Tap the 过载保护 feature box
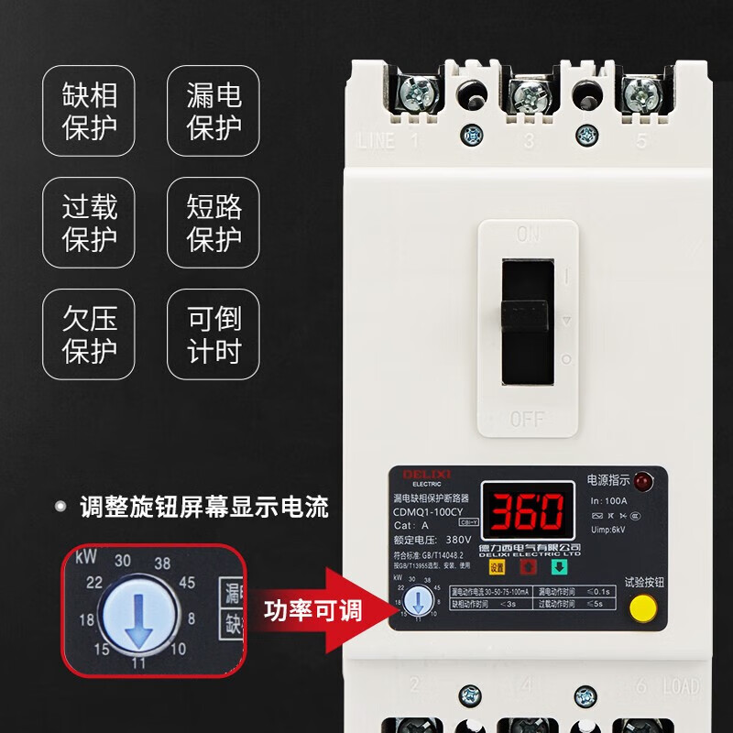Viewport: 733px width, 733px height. click(x=89, y=223)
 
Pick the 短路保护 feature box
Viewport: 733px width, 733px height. click(x=213, y=223)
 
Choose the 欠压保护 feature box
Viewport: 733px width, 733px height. click(x=89, y=334)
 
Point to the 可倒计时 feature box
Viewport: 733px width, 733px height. click(x=213, y=334)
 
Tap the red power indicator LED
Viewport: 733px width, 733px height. click(x=640, y=480)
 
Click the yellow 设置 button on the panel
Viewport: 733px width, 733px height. click(x=496, y=566)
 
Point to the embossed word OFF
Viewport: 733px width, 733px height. click(x=527, y=420)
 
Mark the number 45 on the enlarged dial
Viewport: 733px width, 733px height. click(x=187, y=581)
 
